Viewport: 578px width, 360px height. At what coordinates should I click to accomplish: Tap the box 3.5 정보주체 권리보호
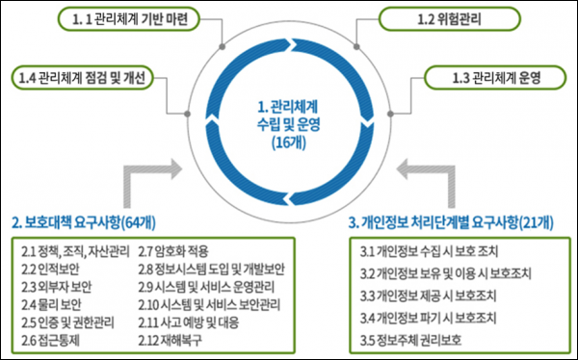(x=414, y=339)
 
